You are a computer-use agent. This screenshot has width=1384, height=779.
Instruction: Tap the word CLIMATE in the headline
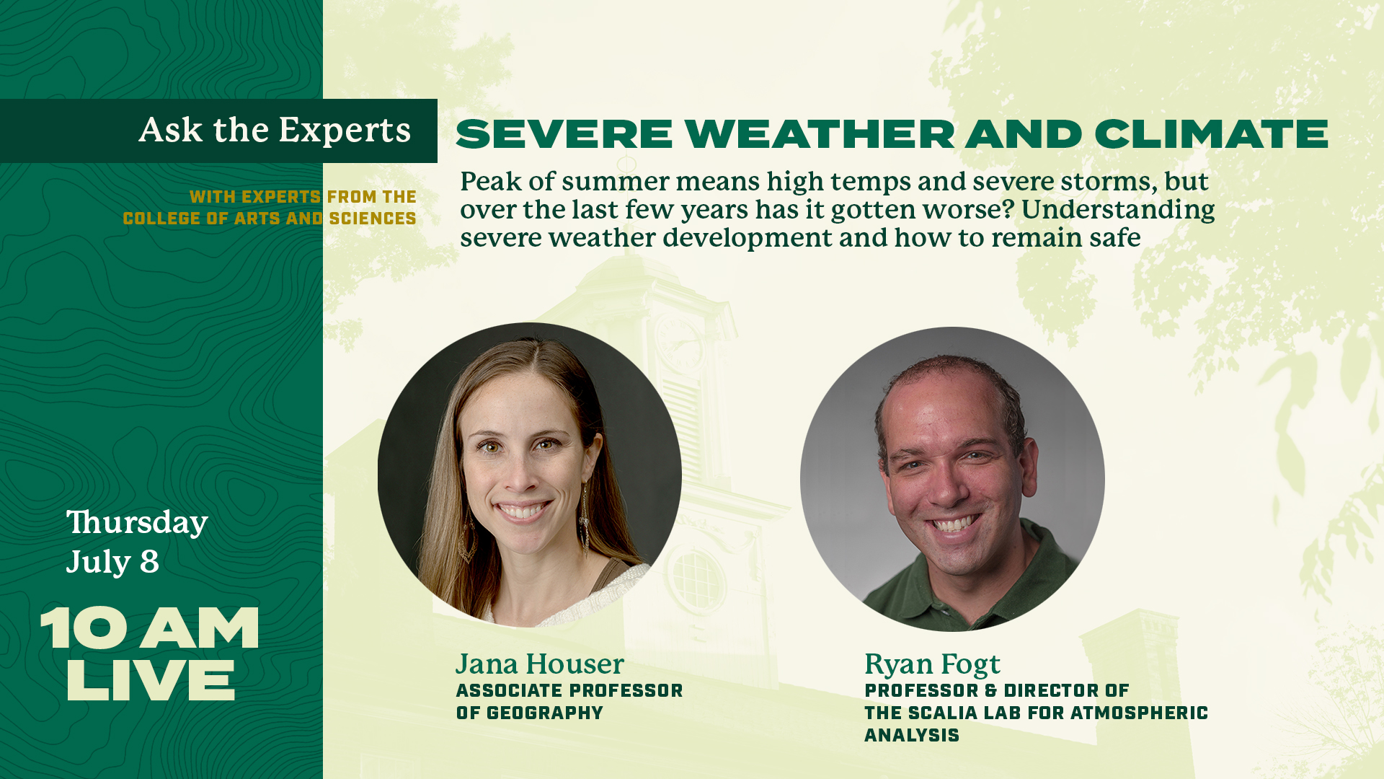click(x=1211, y=134)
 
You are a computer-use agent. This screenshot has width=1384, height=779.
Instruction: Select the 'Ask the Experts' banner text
click(x=275, y=131)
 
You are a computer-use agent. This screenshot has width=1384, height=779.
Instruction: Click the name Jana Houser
click(x=539, y=664)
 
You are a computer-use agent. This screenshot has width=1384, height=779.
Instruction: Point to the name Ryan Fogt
click(x=932, y=664)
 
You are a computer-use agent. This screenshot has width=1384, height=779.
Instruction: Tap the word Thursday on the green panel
click(x=137, y=523)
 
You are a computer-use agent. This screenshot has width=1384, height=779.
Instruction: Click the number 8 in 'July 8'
click(x=149, y=563)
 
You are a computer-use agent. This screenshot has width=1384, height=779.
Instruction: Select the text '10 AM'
click(x=149, y=628)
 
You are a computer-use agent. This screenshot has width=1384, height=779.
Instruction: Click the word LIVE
click(x=151, y=680)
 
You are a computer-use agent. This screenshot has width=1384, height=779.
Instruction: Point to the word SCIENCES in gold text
click(x=373, y=219)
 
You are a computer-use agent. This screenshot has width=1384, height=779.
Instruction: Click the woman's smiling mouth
click(x=523, y=511)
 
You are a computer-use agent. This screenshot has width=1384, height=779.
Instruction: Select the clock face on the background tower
click(x=678, y=343)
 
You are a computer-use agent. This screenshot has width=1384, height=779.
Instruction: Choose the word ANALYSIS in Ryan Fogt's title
click(x=912, y=736)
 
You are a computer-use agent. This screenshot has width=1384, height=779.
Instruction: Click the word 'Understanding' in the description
click(x=1118, y=210)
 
